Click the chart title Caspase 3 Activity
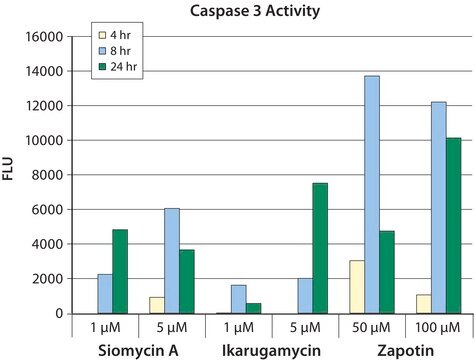click(255, 11)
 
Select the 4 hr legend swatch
click(102, 35)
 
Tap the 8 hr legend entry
click(115, 51)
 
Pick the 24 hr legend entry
click(118, 67)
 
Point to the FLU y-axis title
click(8, 168)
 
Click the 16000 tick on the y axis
click(44, 37)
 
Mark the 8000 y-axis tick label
click(47, 175)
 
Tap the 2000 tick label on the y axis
click(47, 279)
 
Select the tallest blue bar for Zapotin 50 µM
click(372, 195)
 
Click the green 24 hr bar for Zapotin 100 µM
click(453, 226)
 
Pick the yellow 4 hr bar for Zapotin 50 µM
click(357, 287)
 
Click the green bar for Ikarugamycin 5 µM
click(320, 248)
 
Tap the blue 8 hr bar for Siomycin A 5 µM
click(172, 261)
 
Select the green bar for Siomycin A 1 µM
click(120, 272)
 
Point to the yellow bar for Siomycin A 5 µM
click(157, 305)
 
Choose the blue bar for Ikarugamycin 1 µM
click(239, 299)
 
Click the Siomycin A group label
click(138, 351)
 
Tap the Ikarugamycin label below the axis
click(271, 351)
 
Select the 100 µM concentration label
click(437, 328)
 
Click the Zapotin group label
click(406, 351)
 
